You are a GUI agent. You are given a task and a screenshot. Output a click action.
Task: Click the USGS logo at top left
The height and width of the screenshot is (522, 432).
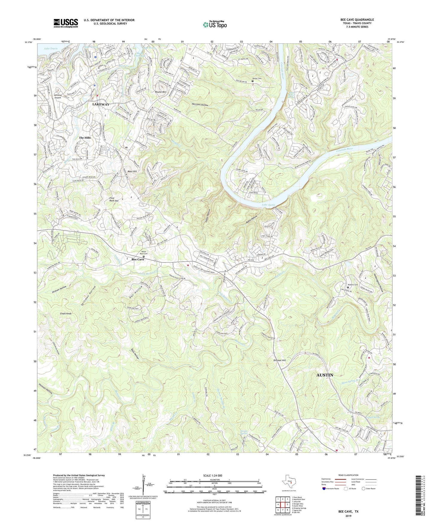[66, 23]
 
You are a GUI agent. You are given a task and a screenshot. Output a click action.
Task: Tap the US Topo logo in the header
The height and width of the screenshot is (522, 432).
[215, 25]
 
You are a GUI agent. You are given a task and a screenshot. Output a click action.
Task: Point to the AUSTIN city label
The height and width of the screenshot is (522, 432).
[325, 375]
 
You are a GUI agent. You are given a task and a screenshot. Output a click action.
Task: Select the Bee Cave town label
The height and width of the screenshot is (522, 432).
[138, 260]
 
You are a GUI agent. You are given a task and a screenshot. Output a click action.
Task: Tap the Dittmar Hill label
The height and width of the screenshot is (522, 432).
[280, 360]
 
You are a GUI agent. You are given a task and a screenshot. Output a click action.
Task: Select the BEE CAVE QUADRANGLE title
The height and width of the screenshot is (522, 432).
[357, 20]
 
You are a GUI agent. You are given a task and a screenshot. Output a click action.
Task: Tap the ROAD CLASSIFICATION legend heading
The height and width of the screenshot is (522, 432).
[349, 475]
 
